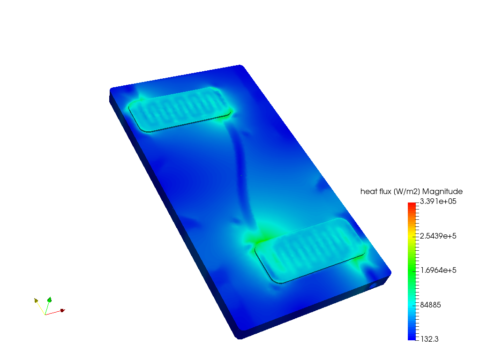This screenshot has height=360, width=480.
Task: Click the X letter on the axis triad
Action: [x=65, y=308]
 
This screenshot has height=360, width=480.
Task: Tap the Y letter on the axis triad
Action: [x=39, y=299]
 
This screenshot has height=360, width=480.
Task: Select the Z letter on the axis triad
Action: [x=53, y=297]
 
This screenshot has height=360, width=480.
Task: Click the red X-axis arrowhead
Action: [x=61, y=310]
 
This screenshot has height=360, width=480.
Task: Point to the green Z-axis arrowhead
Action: [x=49, y=300]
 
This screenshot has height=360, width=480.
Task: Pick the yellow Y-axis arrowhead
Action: [x=37, y=301]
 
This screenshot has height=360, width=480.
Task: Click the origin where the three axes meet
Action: [x=45, y=314]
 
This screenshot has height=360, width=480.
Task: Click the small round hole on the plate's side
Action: [x=374, y=285]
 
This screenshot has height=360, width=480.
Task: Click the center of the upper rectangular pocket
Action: [x=181, y=109]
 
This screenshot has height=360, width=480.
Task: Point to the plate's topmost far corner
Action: [x=240, y=66]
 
